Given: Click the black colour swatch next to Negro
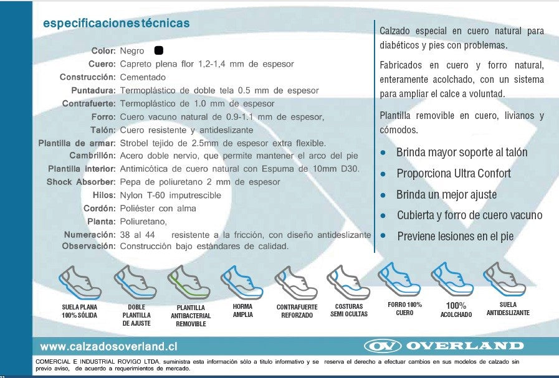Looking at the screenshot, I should pos(158,50).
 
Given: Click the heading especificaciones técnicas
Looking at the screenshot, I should pos(115,24).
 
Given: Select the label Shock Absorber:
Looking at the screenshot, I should pos(81,182).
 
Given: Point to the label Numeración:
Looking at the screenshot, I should pos(90,234).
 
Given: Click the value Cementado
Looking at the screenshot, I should pos(143,77).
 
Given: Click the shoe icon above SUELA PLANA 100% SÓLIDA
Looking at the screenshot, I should pos(79,281).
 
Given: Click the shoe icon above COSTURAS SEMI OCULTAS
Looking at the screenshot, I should pos(348,281).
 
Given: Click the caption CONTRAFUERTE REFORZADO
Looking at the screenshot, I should pos(297,311).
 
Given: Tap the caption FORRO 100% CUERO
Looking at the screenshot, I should pos(404,308).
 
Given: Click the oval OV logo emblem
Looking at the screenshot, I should pos(381,346).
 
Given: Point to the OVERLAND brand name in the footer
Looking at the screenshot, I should pos(465,346).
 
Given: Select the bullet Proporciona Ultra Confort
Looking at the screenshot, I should pos(453,174).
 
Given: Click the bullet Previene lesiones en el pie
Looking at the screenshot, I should pos(455,236).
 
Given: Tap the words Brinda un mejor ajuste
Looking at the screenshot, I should pos(446,195).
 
